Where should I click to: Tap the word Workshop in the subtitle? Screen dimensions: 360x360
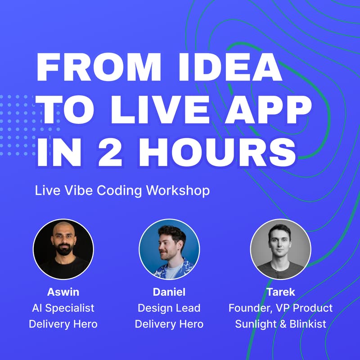[x=178, y=190]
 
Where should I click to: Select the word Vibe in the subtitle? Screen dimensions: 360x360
[x=74, y=190]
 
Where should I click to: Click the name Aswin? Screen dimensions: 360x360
[x=63, y=292]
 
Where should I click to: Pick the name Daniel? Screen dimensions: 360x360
[x=169, y=292]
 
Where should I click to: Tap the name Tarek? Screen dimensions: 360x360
[x=280, y=292]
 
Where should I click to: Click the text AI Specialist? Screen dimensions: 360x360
[x=63, y=308]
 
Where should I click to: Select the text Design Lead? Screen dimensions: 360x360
[x=169, y=308]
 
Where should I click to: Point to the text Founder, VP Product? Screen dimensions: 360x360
[x=280, y=308]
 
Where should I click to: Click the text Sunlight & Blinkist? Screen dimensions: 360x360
[x=280, y=324]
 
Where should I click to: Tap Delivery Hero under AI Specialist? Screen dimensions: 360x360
[x=63, y=324]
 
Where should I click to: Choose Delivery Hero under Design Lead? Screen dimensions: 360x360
[x=169, y=324]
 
